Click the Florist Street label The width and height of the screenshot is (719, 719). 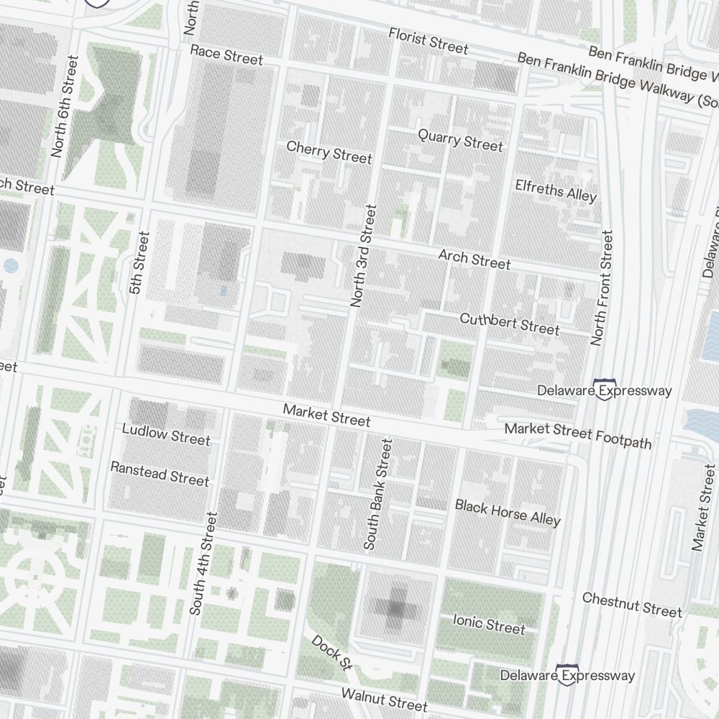coord(428,41)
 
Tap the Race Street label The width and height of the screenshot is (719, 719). coord(226,55)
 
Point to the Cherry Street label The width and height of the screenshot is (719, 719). coord(329,152)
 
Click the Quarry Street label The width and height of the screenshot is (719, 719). coord(460,139)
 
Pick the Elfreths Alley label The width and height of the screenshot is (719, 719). coord(556,190)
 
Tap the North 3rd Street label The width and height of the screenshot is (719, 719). coord(363,256)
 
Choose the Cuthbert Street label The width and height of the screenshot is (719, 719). coord(509,324)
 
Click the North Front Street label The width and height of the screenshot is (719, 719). coord(602,288)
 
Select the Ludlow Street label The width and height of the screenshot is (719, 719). coord(166,434)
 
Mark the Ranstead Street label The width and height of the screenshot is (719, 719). coord(160,474)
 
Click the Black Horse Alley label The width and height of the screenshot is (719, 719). coord(508,512)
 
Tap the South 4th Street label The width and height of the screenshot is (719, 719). coord(203,563)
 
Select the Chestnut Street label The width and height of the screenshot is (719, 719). coord(632,605)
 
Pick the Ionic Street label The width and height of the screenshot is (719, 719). coord(489,623)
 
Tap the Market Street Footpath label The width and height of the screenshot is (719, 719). coord(577,434)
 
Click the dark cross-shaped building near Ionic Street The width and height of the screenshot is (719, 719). coord(395,608)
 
